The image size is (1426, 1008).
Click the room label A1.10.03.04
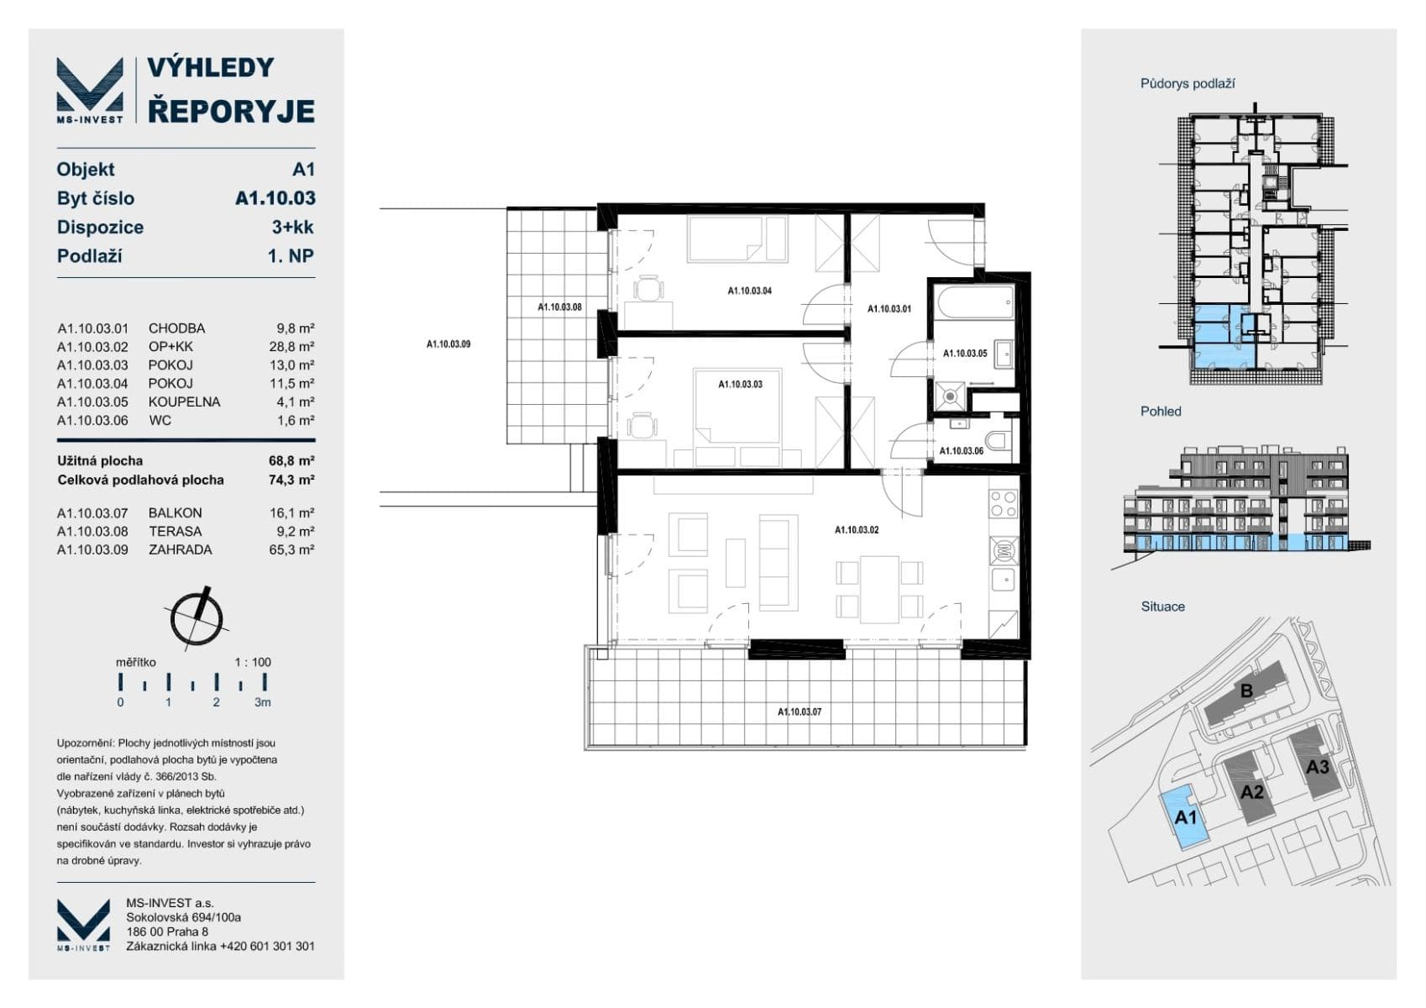point(749,291)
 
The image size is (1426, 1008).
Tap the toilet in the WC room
point(998,440)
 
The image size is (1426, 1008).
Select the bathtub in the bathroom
point(974,302)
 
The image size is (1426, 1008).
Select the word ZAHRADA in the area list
point(180,550)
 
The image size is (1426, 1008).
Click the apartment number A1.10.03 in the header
point(275,198)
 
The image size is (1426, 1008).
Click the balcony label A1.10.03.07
point(799,712)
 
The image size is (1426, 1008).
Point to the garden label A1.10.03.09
point(448,344)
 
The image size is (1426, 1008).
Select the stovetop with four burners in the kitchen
point(1003,504)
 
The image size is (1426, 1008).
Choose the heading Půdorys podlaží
point(1187,84)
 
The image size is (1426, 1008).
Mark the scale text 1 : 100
point(253,662)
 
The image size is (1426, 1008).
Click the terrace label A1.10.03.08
point(559,307)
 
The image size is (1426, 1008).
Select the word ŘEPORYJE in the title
point(231,111)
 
